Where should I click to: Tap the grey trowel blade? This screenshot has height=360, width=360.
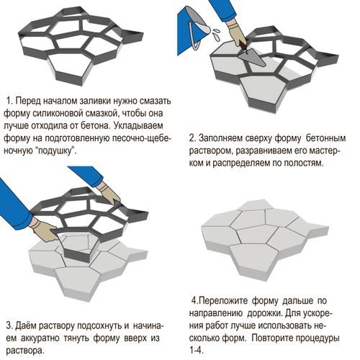(253, 58)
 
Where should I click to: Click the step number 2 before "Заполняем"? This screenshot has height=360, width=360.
(192, 138)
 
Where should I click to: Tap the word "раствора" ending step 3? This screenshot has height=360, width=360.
(25, 351)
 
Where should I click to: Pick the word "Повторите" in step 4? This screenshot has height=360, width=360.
(271, 338)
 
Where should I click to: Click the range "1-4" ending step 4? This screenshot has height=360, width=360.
(197, 351)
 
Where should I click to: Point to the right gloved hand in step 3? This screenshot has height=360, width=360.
(109, 193)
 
